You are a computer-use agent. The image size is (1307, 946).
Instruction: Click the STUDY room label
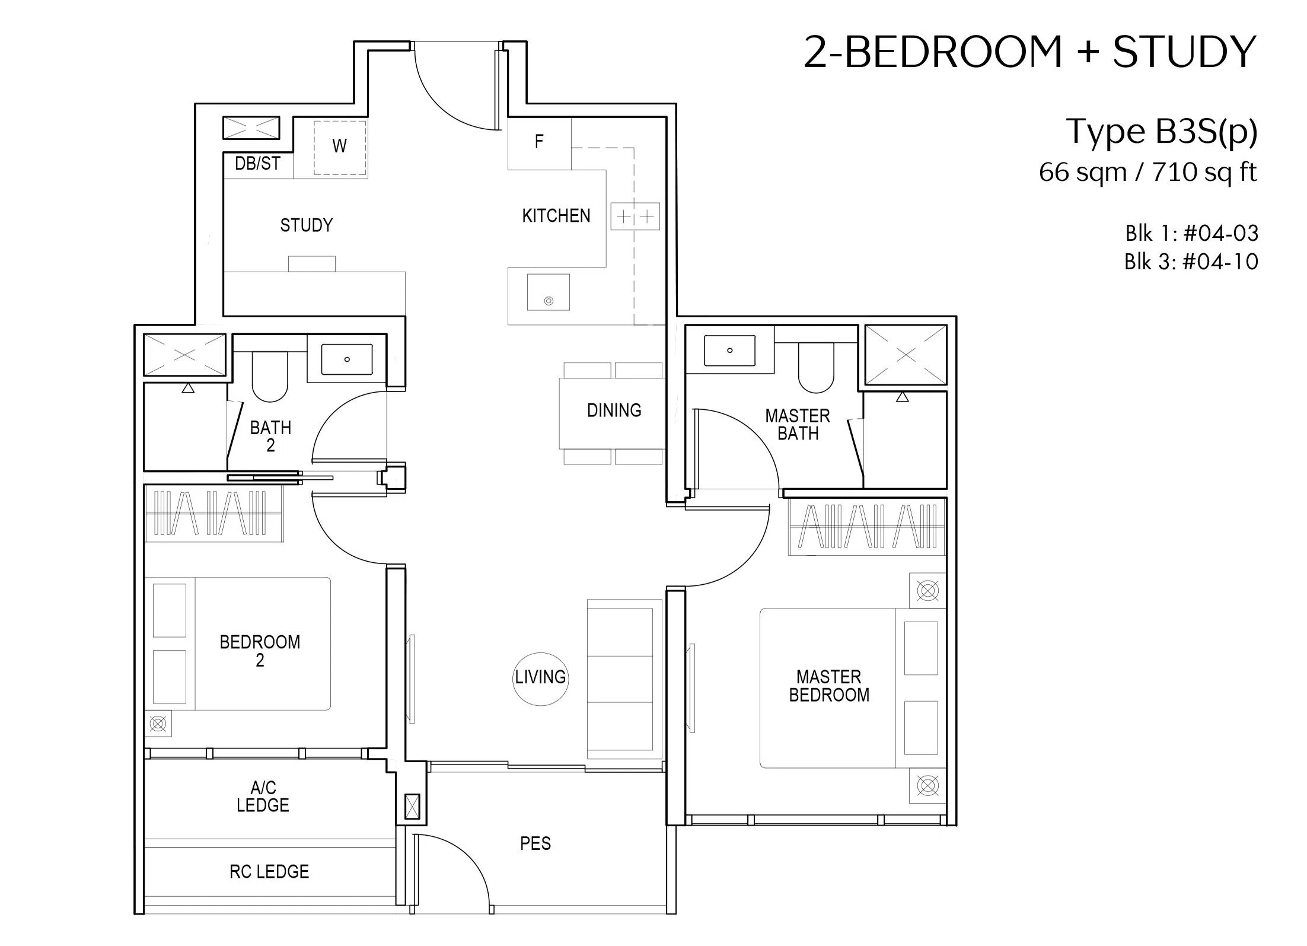[306, 225]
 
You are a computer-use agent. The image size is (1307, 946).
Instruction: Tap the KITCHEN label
[556, 216]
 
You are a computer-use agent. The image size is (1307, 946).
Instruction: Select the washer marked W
[340, 148]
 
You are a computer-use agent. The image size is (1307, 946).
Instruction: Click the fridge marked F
[540, 143]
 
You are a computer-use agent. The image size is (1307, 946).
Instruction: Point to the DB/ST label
[257, 164]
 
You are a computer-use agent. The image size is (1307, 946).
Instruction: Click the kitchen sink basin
[549, 292]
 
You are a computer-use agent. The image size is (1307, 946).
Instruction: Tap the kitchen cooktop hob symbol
[635, 216]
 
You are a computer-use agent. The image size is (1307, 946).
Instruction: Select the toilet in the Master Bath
[816, 368]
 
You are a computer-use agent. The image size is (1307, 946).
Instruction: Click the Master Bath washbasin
[730, 351]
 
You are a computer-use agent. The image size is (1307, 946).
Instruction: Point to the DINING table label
[614, 410]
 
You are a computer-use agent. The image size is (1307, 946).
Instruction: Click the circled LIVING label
[540, 677]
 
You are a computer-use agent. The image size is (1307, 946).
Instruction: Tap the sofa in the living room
[624, 679]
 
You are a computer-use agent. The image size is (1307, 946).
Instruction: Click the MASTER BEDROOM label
[829, 686]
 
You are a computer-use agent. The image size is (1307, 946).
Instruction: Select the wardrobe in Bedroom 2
[214, 514]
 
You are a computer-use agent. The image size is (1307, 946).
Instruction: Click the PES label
[535, 844]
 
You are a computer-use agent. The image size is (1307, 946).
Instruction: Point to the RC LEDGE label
[269, 872]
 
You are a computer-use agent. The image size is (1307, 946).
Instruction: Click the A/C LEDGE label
[263, 797]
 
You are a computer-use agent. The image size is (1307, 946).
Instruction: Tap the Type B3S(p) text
[1162, 132]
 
